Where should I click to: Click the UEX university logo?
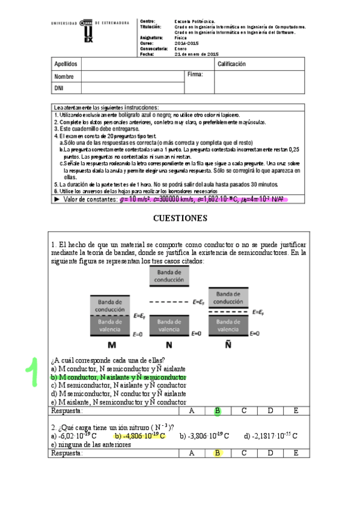click(x=89, y=31)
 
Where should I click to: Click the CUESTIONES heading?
click(x=180, y=218)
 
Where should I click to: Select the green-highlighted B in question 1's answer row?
click(x=218, y=411)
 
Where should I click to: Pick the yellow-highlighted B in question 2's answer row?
click(x=218, y=453)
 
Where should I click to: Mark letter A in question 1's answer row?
click(x=191, y=411)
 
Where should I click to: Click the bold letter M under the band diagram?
click(x=112, y=345)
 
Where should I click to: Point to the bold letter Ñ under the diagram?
click(x=228, y=345)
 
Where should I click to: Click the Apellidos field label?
click(x=66, y=64)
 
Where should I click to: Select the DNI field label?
click(x=59, y=88)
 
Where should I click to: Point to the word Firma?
click(x=195, y=75)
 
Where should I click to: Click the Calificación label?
click(x=231, y=64)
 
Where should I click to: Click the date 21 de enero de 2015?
click(x=196, y=54)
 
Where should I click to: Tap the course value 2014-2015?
click(x=185, y=43)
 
